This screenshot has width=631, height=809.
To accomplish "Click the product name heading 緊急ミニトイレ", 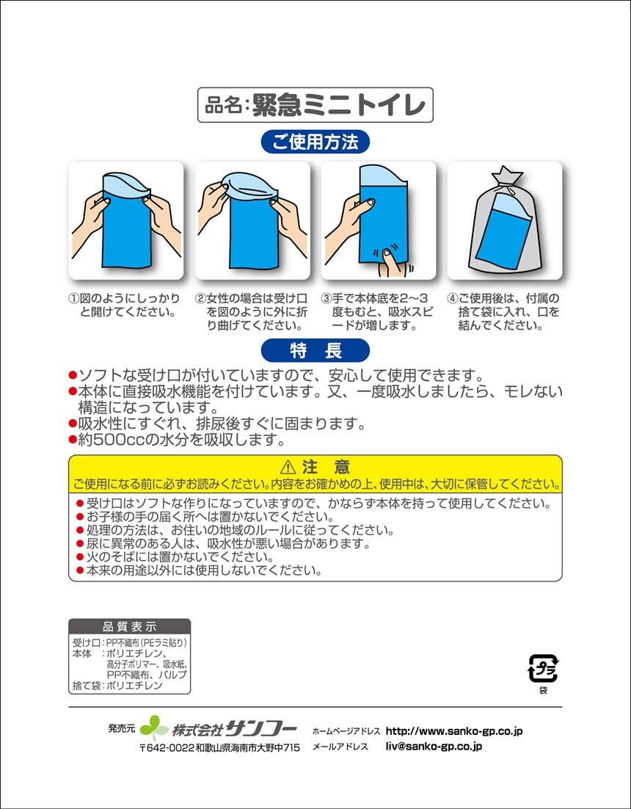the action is [x=339, y=105].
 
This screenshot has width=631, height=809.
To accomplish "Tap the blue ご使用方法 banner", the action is [x=315, y=142].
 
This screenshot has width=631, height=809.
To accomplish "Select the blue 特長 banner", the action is [x=315, y=350].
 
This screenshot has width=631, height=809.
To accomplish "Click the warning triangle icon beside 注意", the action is [x=288, y=468].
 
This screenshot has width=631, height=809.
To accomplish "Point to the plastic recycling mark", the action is [x=543, y=668].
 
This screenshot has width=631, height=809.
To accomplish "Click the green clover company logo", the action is [x=154, y=728].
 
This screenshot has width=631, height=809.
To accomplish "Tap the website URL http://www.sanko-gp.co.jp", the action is [x=454, y=731].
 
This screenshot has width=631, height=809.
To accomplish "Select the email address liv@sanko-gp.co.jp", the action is [x=434, y=746].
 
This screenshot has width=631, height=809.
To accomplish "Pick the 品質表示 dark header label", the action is [x=129, y=627].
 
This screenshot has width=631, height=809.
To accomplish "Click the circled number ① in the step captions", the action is [x=74, y=299].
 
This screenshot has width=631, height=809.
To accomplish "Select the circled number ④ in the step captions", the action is [x=453, y=299].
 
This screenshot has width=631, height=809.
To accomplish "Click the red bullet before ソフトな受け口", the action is [x=73, y=374].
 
